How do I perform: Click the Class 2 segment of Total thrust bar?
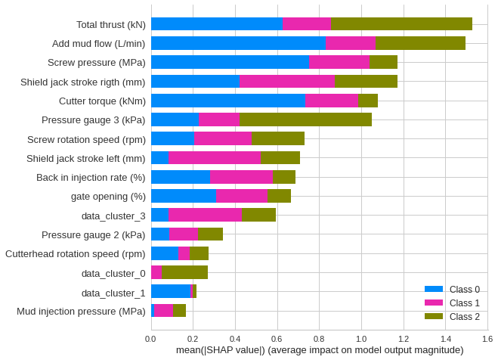[401, 24]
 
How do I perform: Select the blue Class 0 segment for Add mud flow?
[238, 43]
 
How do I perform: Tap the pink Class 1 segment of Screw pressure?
[339, 62]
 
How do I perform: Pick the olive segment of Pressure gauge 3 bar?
[305, 119]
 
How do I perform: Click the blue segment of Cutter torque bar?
[227, 101]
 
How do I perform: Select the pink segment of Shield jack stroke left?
[215, 158]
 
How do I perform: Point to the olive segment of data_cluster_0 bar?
[184, 272]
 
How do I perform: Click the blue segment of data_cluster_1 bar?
[170, 291]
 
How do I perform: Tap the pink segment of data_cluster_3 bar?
[205, 215]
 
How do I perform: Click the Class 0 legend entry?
[451, 289]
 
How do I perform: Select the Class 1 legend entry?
[451, 303]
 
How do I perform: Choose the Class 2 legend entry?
[451, 316]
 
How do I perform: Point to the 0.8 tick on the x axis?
[319, 338]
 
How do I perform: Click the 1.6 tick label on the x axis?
[487, 338]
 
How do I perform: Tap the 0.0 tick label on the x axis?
[151, 338]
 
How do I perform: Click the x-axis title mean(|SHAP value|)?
[319, 349]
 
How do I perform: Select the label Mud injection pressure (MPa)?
[81, 311]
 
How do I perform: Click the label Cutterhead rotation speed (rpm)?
[75, 253]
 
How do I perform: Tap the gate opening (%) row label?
[108, 196]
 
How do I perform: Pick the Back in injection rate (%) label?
[91, 177]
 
